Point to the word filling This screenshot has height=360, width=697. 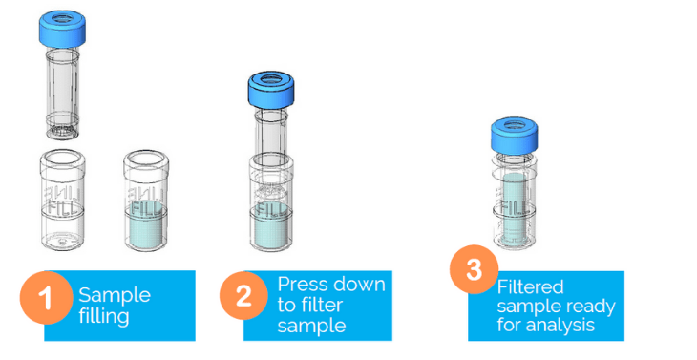click(104, 315)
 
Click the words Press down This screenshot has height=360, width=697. click(331, 285)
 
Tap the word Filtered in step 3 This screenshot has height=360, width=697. click(530, 286)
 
